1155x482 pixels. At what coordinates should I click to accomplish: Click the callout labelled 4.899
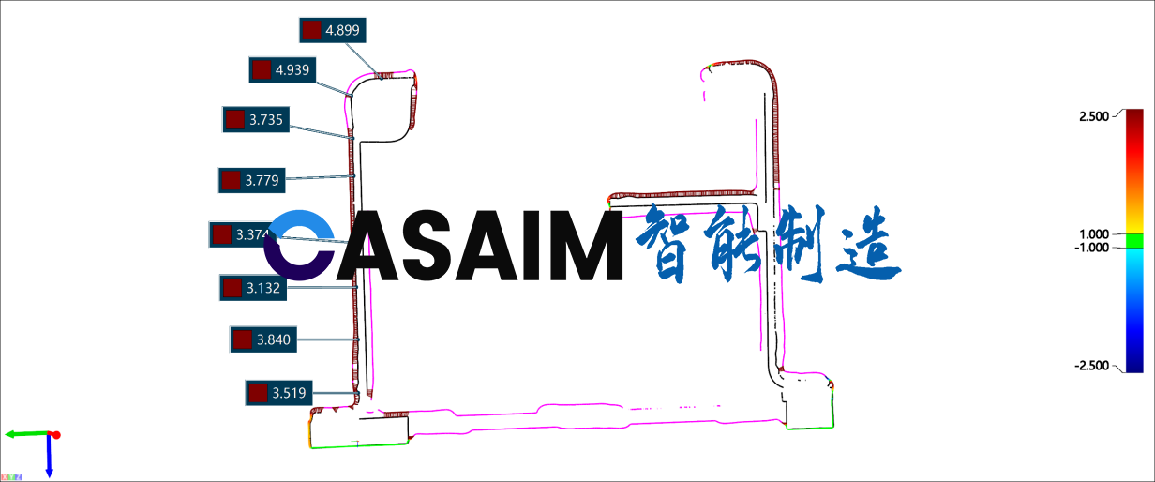[x=331, y=30]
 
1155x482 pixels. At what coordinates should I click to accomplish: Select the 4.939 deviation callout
[x=281, y=69]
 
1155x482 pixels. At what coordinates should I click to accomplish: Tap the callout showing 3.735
[x=255, y=120]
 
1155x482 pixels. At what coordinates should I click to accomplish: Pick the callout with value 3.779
[x=251, y=179]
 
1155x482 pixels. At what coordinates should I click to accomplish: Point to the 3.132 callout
[x=253, y=288]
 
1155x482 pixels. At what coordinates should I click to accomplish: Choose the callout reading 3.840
[x=263, y=339]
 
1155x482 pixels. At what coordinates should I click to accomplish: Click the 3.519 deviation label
[x=278, y=393]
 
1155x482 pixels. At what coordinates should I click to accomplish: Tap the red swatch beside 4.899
[x=312, y=30]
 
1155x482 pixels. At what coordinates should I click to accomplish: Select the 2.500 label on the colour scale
[x=1094, y=115]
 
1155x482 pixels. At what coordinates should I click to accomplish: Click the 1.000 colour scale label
[x=1094, y=233]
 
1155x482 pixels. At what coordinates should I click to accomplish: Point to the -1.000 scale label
[x=1092, y=247]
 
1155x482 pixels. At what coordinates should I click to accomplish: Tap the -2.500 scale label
[x=1092, y=366]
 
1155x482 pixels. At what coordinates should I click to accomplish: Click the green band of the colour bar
[x=1134, y=241]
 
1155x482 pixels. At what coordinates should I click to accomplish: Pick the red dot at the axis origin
[x=55, y=435]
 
